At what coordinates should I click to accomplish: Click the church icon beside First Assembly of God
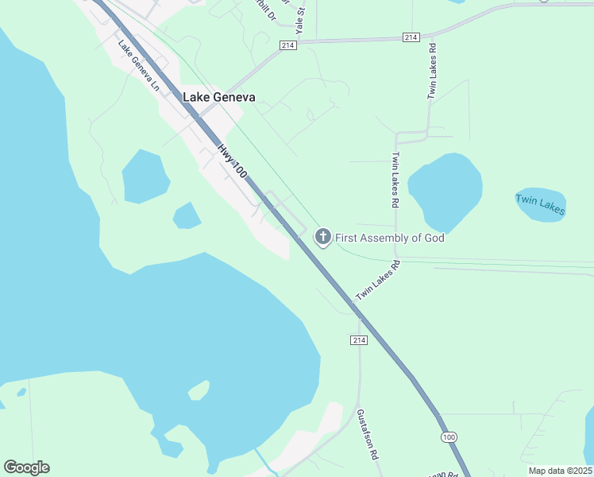[x=322, y=237]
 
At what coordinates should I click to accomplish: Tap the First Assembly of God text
[x=389, y=238]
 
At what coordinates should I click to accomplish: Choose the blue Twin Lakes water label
[x=541, y=204]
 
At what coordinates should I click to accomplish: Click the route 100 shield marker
[x=449, y=437]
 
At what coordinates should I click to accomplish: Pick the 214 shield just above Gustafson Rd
[x=357, y=340]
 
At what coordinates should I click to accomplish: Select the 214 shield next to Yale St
[x=287, y=46]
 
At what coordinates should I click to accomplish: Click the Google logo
[x=26, y=467]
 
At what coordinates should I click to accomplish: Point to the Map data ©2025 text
[x=560, y=471]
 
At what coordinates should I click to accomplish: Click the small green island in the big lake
[x=199, y=390]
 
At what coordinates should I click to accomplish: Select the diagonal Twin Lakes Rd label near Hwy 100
[x=376, y=279]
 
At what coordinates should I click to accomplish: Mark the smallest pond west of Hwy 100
[x=187, y=215]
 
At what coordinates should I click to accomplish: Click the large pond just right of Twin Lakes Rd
[x=445, y=189]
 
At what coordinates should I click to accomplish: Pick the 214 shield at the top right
[x=411, y=37]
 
